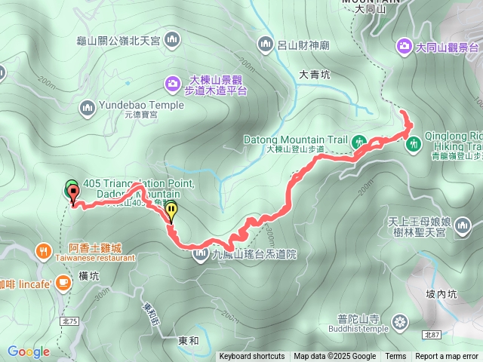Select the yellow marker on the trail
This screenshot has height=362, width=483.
171,211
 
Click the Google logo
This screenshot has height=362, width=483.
29,351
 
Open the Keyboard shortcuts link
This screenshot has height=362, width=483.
252,357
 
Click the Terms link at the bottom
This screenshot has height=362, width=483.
395,357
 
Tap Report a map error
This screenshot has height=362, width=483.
447,357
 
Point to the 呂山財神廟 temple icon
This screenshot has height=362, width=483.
265,44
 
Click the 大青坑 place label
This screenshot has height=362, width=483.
315,75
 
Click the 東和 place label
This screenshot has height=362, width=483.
189,341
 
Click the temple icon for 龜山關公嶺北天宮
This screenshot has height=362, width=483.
172,38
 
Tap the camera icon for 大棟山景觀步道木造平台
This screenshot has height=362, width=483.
173,81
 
